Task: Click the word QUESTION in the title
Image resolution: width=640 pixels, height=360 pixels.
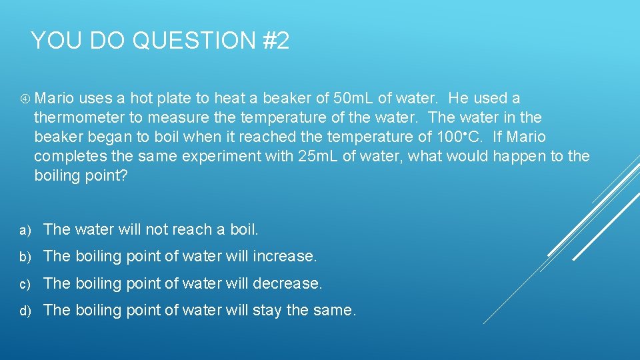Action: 193,41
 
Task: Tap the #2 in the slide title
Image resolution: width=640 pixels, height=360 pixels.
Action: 275,41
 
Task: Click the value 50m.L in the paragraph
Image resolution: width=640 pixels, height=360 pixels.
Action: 353,99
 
